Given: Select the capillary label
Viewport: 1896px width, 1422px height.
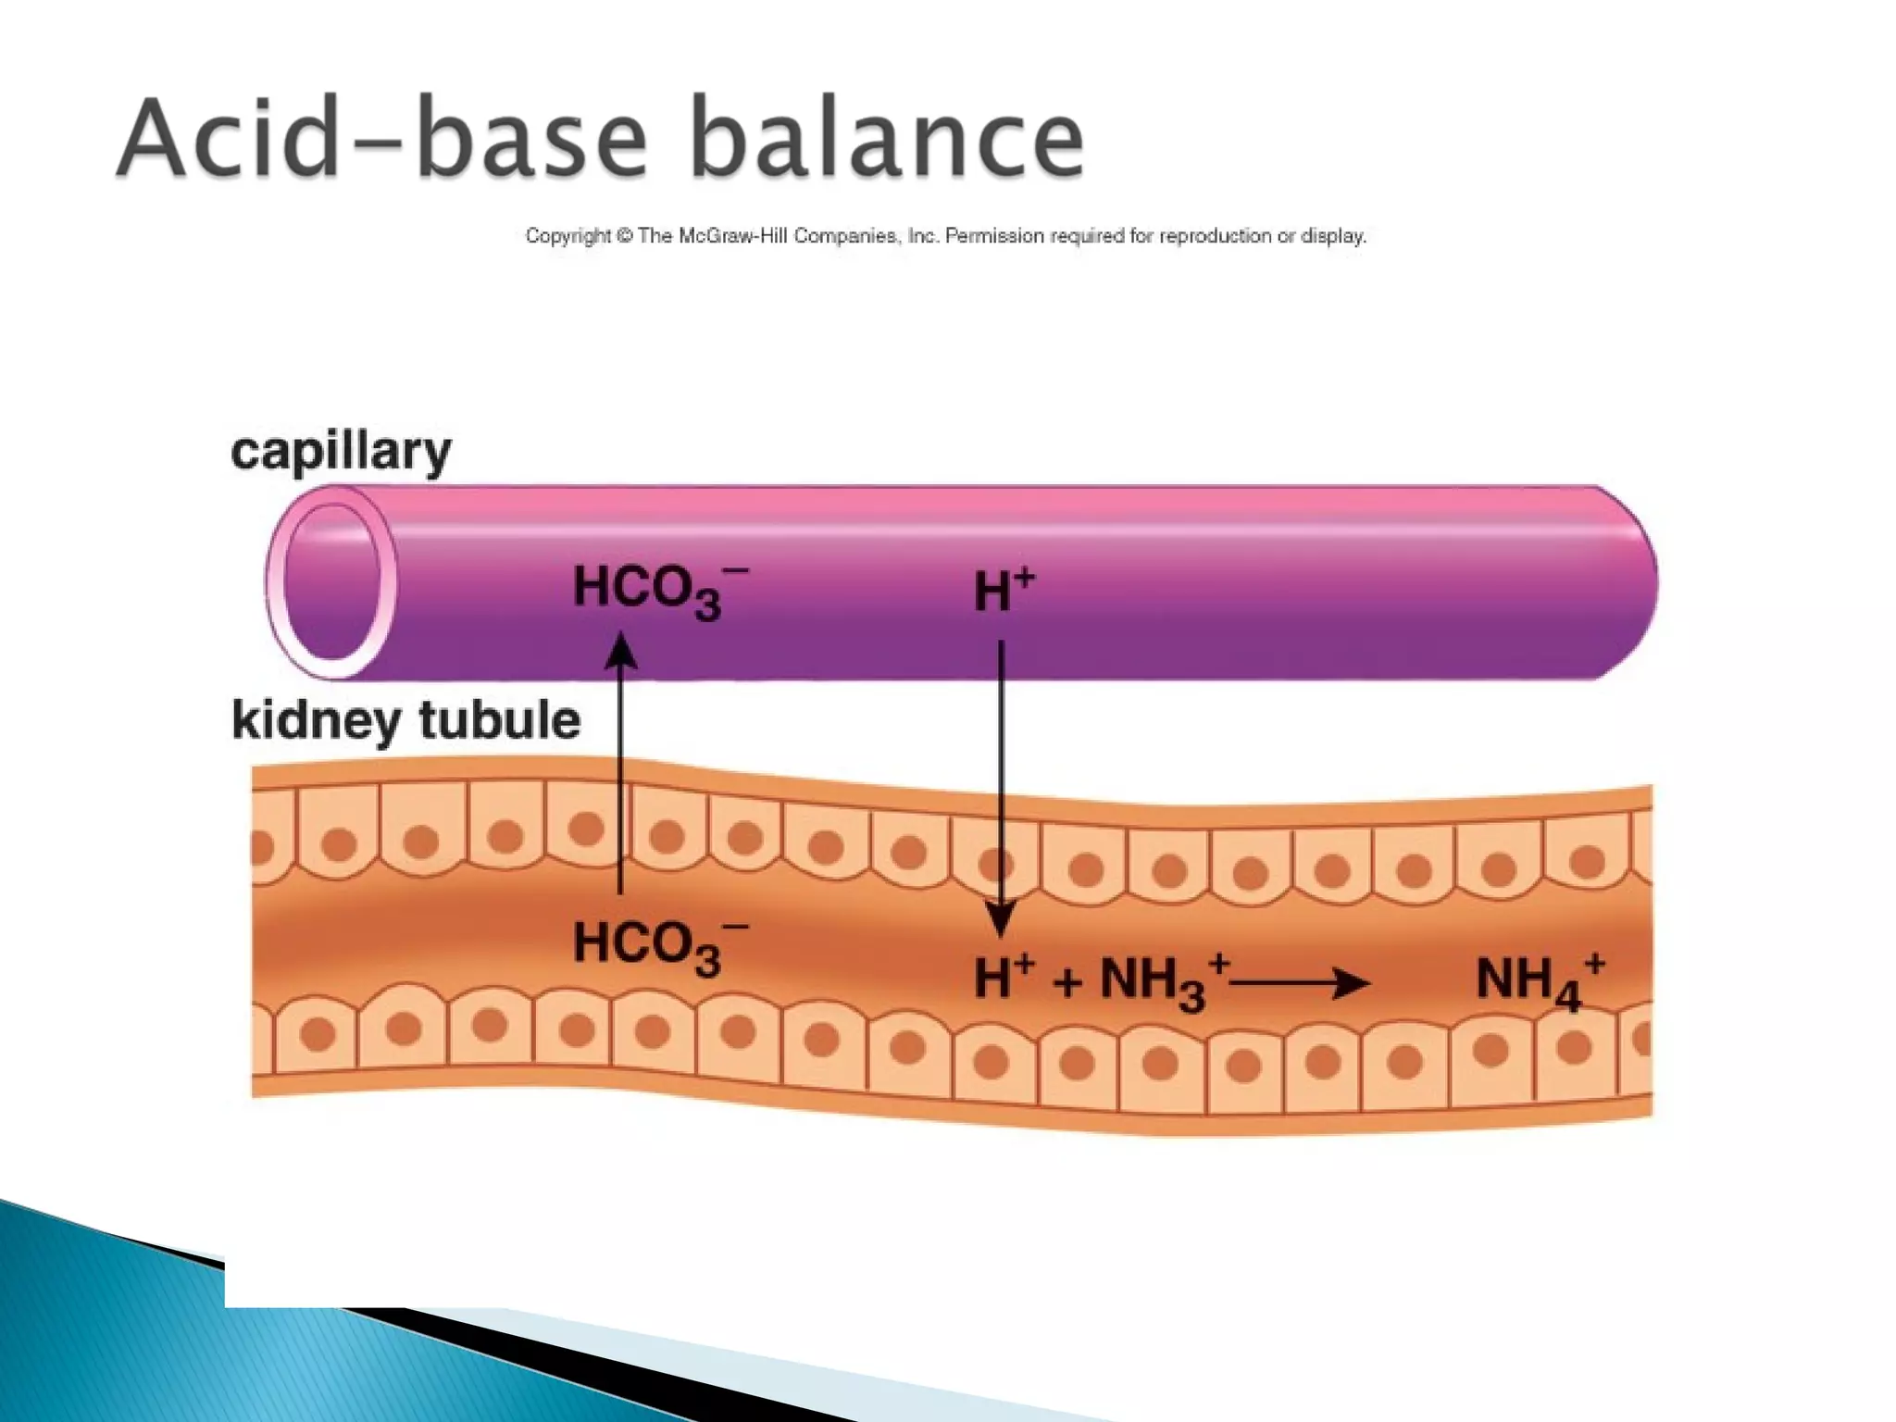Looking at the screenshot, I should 341,453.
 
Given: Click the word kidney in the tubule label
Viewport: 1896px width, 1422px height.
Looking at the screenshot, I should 314,721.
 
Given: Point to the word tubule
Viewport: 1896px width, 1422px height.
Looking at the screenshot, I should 499,719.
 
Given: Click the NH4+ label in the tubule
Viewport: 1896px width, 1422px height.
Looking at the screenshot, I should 1538,980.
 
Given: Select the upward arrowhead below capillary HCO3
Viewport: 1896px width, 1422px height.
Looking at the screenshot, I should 620,649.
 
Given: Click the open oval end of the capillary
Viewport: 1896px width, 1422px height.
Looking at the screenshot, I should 331,582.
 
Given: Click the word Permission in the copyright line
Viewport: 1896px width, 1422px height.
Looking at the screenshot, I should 994,236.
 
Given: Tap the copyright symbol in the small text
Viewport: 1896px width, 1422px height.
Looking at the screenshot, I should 624,236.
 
